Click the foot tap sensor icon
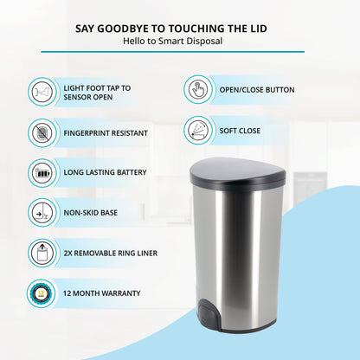(x=42, y=92)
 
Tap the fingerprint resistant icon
(x=42, y=133)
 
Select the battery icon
(x=42, y=173)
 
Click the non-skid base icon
(x=42, y=213)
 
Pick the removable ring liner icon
(x=42, y=253)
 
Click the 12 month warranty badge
(x=42, y=293)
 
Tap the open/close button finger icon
(x=198, y=90)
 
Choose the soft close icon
(x=198, y=131)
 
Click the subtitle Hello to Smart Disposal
(x=172, y=41)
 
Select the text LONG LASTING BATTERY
(x=105, y=172)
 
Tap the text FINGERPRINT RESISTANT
(x=106, y=133)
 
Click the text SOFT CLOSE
(x=240, y=131)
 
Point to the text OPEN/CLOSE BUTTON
(x=257, y=90)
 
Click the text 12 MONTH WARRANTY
(x=102, y=293)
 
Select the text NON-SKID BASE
(x=91, y=213)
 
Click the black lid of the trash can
(x=238, y=171)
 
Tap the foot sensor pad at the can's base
(x=209, y=313)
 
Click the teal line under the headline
(x=172, y=52)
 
